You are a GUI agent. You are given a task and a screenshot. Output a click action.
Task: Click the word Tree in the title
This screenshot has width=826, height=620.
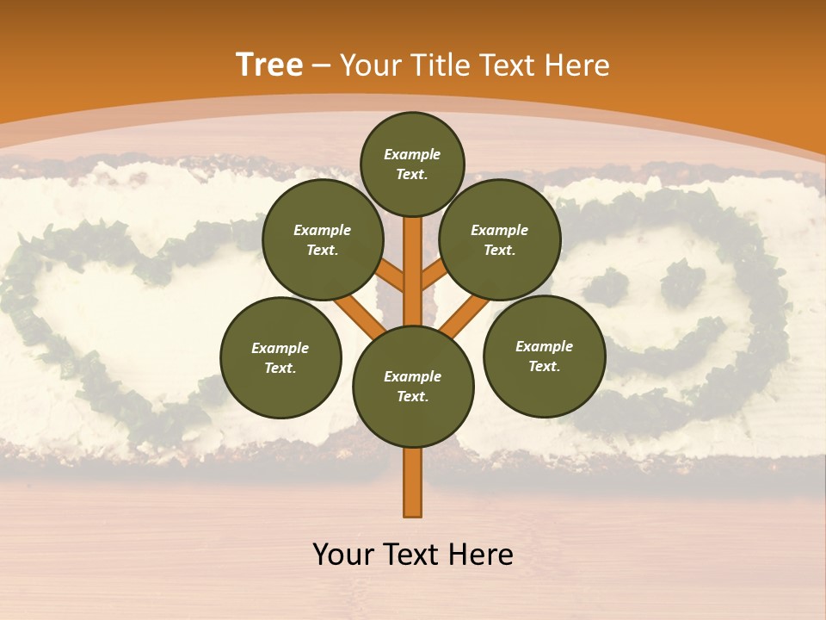pos(269,65)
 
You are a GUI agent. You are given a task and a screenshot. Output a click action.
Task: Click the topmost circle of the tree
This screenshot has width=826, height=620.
pos(412,164)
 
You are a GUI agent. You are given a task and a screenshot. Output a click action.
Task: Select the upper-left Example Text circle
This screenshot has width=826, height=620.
pos(323,240)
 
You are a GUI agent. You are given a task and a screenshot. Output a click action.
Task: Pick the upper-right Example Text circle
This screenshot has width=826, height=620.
pos(500,240)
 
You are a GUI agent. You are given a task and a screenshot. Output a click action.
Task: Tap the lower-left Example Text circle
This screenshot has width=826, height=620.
pos(280,357)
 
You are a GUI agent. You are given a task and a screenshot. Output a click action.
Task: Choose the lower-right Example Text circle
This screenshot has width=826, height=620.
pos(544,356)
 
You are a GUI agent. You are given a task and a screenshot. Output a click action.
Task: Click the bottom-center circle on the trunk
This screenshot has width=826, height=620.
pos(412,386)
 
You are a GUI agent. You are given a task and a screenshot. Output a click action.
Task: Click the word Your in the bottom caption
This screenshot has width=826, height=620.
pos(344,555)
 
